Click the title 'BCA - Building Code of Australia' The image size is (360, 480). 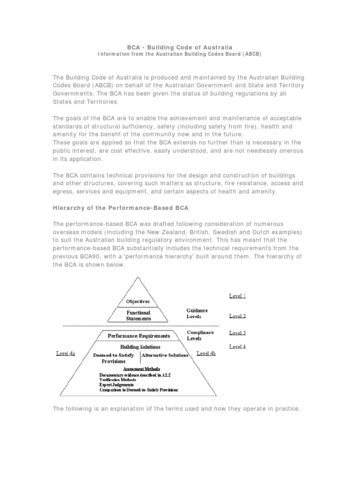click(180, 47)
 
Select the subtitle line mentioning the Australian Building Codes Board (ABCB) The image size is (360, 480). click(180, 54)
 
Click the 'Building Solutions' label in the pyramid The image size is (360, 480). click(140, 347)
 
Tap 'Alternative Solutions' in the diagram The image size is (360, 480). click(165, 355)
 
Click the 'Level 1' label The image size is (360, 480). click(237, 296)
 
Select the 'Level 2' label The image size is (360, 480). click(237, 316)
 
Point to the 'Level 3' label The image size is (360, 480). click(237, 333)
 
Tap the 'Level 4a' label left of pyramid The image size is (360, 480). click(66, 353)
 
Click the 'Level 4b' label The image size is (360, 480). click(206, 353)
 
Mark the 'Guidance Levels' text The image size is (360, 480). click(197, 313)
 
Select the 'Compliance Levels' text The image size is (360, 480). click(200, 335)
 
